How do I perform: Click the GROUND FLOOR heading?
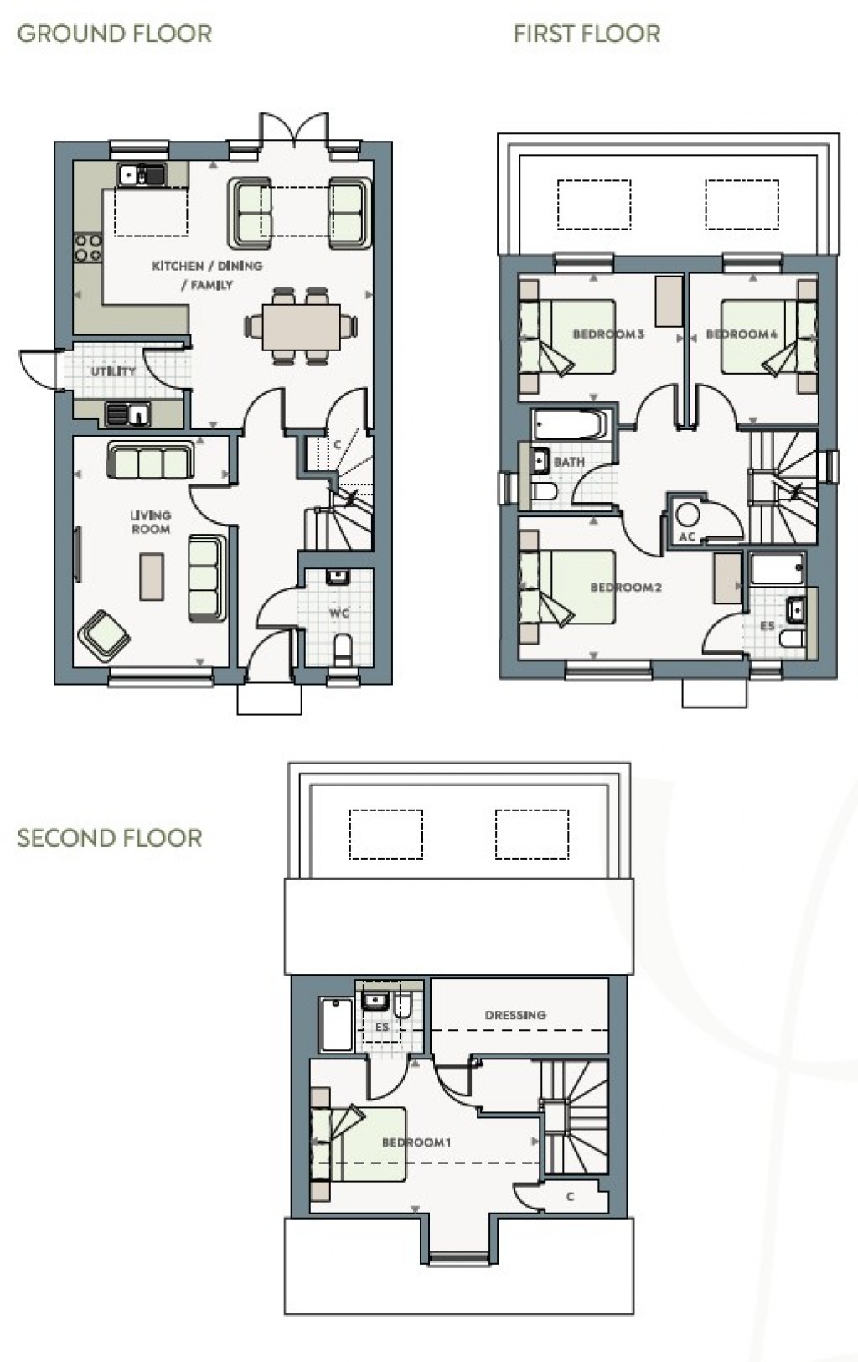114,34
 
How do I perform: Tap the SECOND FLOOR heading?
110,838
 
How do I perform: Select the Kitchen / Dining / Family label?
207,275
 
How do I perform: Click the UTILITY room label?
113,371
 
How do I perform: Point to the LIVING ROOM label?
151,522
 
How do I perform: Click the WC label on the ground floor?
339,614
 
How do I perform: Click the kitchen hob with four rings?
88,247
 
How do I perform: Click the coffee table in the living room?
152,576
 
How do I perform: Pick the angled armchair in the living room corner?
104,634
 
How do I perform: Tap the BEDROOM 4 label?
742,334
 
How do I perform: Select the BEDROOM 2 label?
626,588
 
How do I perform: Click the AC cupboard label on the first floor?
686,537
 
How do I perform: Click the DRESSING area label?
515,1015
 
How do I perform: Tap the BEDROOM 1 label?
416,1142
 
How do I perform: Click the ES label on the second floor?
382,1027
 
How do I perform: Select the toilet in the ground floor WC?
342,650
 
